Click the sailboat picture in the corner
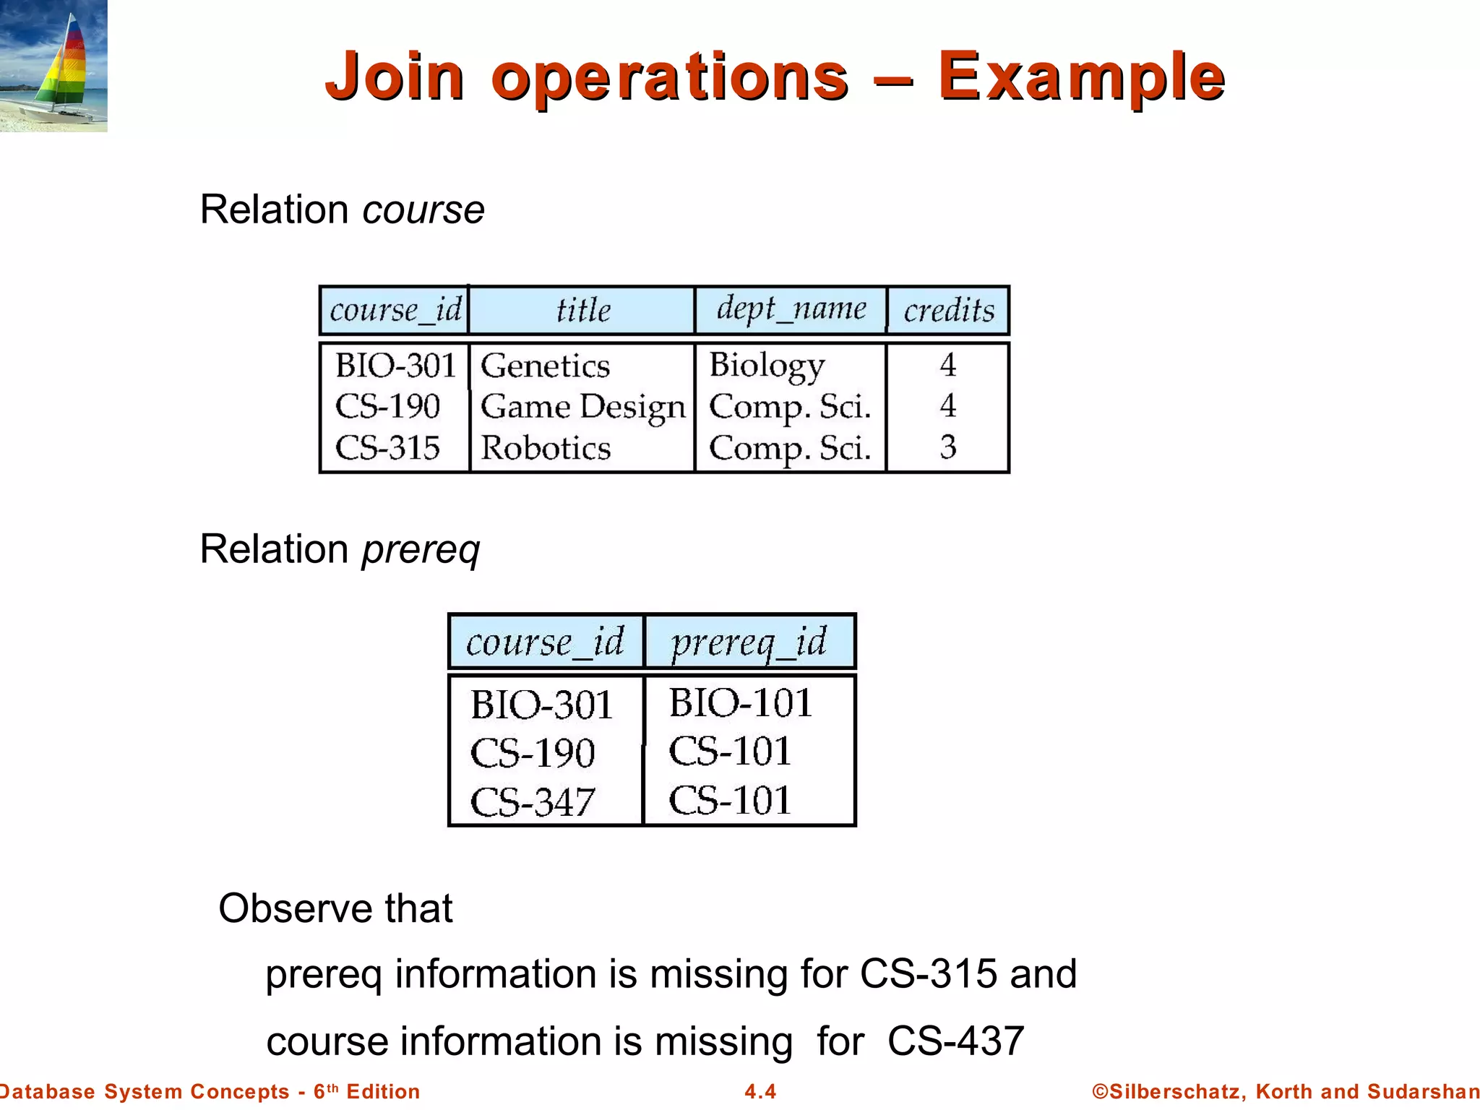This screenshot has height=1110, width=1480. [x=53, y=66]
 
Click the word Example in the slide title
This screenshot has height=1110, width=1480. [x=1081, y=77]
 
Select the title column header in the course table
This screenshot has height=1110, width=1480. [x=582, y=310]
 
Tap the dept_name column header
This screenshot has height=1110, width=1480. [x=791, y=309]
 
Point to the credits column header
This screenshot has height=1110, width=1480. [x=949, y=311]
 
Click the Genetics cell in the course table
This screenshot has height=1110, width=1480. [x=546, y=366]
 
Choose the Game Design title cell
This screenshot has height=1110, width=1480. [x=582, y=407]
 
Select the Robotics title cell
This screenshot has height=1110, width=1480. [x=546, y=448]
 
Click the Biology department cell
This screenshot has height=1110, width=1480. [x=766, y=366]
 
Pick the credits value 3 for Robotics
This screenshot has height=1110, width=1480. [x=948, y=447]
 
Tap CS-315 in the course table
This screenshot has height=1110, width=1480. [x=388, y=448]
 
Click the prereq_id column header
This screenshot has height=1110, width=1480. [x=749, y=642]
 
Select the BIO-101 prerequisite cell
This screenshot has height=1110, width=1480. [x=741, y=702]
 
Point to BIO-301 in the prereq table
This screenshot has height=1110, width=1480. [x=541, y=705]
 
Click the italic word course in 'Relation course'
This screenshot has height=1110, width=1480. [x=423, y=210]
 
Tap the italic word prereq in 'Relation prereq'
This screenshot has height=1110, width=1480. [x=421, y=550]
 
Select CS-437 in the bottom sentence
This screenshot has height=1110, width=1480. [x=955, y=1041]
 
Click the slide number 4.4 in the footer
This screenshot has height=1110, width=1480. [x=760, y=1091]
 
